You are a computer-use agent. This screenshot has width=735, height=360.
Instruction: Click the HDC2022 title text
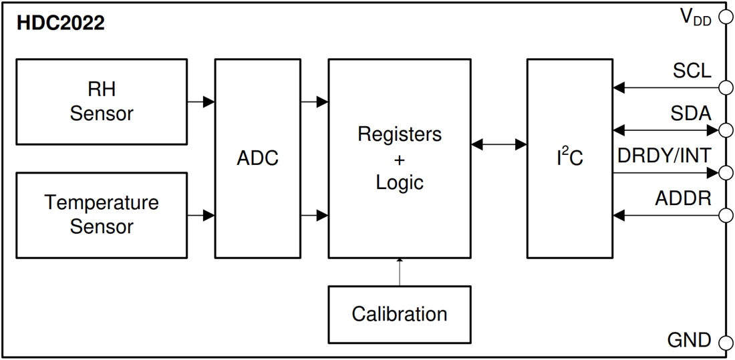pos(61,23)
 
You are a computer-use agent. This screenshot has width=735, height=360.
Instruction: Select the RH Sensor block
pos(101,102)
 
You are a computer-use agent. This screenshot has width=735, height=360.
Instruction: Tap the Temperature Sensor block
pos(101,214)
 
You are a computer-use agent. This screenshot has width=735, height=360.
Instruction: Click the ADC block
pos(257,158)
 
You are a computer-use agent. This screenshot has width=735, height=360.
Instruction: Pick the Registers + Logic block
pos(400,158)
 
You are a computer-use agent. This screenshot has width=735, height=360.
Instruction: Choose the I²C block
pos(569,158)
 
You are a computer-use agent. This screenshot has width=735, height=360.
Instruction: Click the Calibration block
pos(400,314)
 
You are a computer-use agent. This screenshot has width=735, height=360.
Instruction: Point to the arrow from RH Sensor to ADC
pos(200,102)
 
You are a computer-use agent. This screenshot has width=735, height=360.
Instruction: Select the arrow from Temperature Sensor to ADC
pos(200,215)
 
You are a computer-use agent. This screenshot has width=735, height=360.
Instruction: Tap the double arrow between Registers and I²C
pos(498,144)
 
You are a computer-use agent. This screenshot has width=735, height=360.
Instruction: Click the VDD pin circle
pos(725,17)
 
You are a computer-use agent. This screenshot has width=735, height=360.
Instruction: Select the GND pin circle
pos(725,343)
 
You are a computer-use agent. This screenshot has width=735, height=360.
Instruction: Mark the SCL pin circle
pos(725,87)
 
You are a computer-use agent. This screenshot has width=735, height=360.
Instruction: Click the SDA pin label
pos(691,114)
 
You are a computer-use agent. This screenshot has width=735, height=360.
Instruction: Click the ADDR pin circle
pos(725,215)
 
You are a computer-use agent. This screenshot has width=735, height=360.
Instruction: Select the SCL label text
pos(692,71)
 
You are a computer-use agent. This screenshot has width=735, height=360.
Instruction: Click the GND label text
pos(690,341)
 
